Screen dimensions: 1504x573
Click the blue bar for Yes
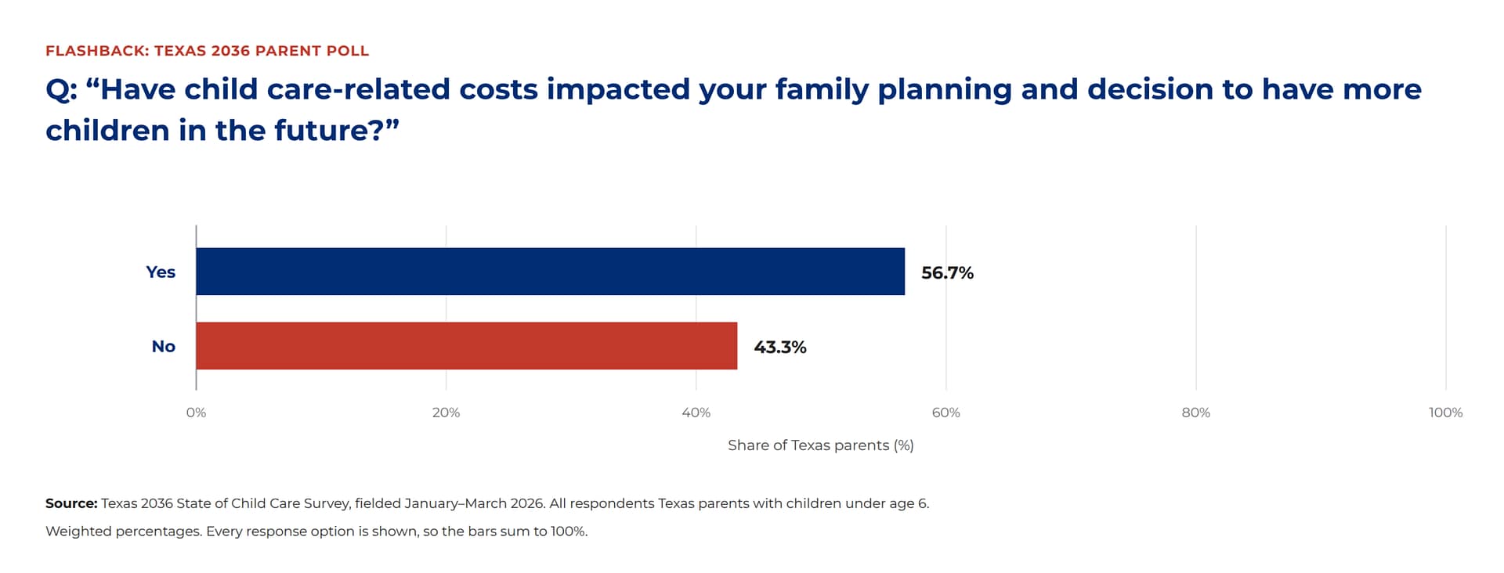[x=550, y=272]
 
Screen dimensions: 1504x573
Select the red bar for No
[x=466, y=346]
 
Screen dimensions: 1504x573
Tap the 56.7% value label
[x=947, y=272]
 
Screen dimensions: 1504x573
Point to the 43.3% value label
[x=779, y=347]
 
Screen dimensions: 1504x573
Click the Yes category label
[x=161, y=272]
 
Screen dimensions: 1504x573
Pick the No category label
[x=164, y=346]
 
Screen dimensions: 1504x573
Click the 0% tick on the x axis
[x=196, y=413]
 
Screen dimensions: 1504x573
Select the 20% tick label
[x=446, y=413]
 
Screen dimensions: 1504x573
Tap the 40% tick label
[x=696, y=413]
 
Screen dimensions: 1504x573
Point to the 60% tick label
[x=945, y=413]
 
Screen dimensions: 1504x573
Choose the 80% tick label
[x=1195, y=413]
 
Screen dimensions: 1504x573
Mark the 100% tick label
[x=1445, y=413]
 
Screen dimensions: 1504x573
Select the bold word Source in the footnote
[x=71, y=503]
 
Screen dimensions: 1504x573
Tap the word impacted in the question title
[x=618, y=89]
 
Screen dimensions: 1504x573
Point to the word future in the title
[x=320, y=130]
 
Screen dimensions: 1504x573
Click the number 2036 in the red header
[x=230, y=51]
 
